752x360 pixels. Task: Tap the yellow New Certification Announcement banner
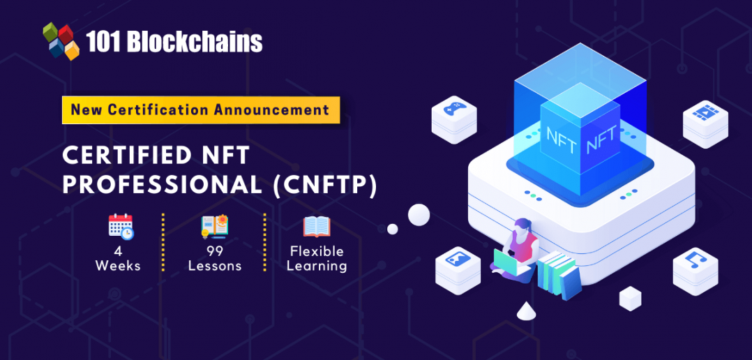(200, 110)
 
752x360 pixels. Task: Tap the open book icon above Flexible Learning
(317, 227)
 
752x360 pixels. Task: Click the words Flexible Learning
(317, 258)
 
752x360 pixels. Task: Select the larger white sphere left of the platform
(419, 214)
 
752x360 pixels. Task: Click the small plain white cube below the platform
(630, 298)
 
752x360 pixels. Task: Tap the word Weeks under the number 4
(118, 266)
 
